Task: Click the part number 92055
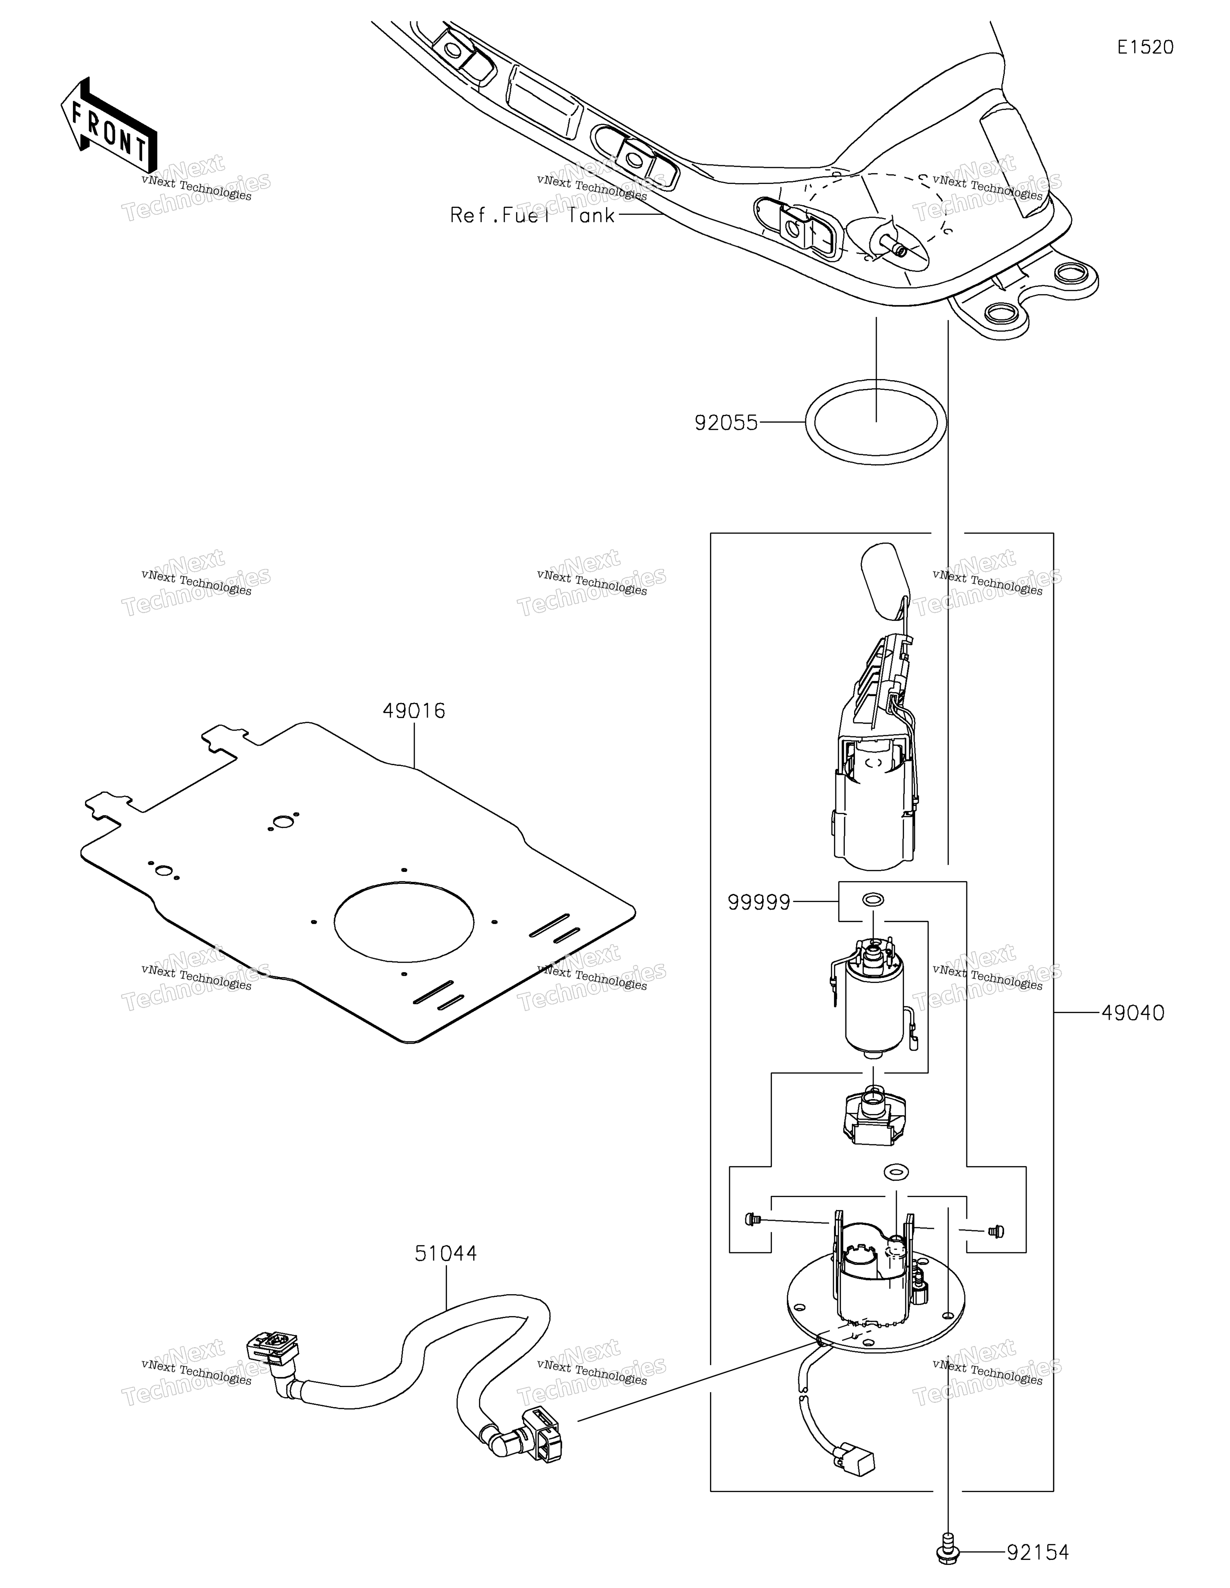coord(726,423)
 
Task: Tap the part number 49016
coord(414,710)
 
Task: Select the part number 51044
coord(446,1253)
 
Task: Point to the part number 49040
coord(1132,1012)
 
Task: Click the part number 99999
coord(759,902)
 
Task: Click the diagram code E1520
coord(1145,47)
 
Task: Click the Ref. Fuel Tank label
coord(532,215)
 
